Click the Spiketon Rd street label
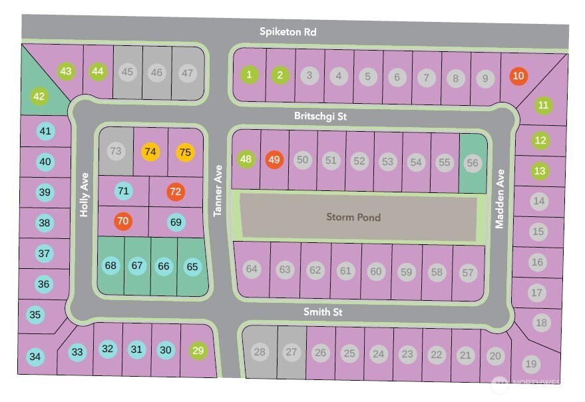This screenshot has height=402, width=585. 287,32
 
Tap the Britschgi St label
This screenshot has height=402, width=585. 321,116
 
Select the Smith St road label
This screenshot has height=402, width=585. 323,311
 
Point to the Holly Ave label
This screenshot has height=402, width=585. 85,200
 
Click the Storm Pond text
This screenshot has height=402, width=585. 353,217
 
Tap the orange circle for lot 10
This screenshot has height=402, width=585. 518,76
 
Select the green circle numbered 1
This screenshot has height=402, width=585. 250,75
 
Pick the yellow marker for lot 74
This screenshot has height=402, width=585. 151,152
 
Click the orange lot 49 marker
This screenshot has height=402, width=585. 274,160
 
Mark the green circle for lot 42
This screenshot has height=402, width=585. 39,97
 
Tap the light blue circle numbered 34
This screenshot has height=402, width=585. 35,357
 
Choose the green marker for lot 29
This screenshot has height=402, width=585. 198,350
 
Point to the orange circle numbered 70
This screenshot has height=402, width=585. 123,221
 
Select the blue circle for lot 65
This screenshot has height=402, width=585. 192,267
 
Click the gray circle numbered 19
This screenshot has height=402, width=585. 530,363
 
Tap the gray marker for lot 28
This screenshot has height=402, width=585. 260,351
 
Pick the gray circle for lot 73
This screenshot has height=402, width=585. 116,151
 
